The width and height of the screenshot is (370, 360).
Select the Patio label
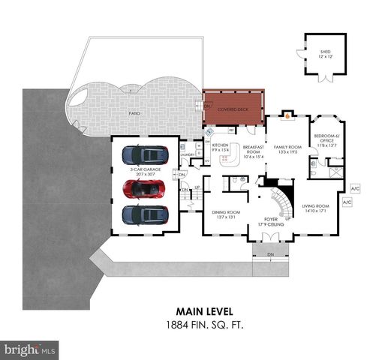(134, 113)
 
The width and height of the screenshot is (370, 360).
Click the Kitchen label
(220, 147)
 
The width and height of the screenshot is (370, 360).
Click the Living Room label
(316, 208)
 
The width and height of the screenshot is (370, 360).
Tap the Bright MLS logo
(30, 350)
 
